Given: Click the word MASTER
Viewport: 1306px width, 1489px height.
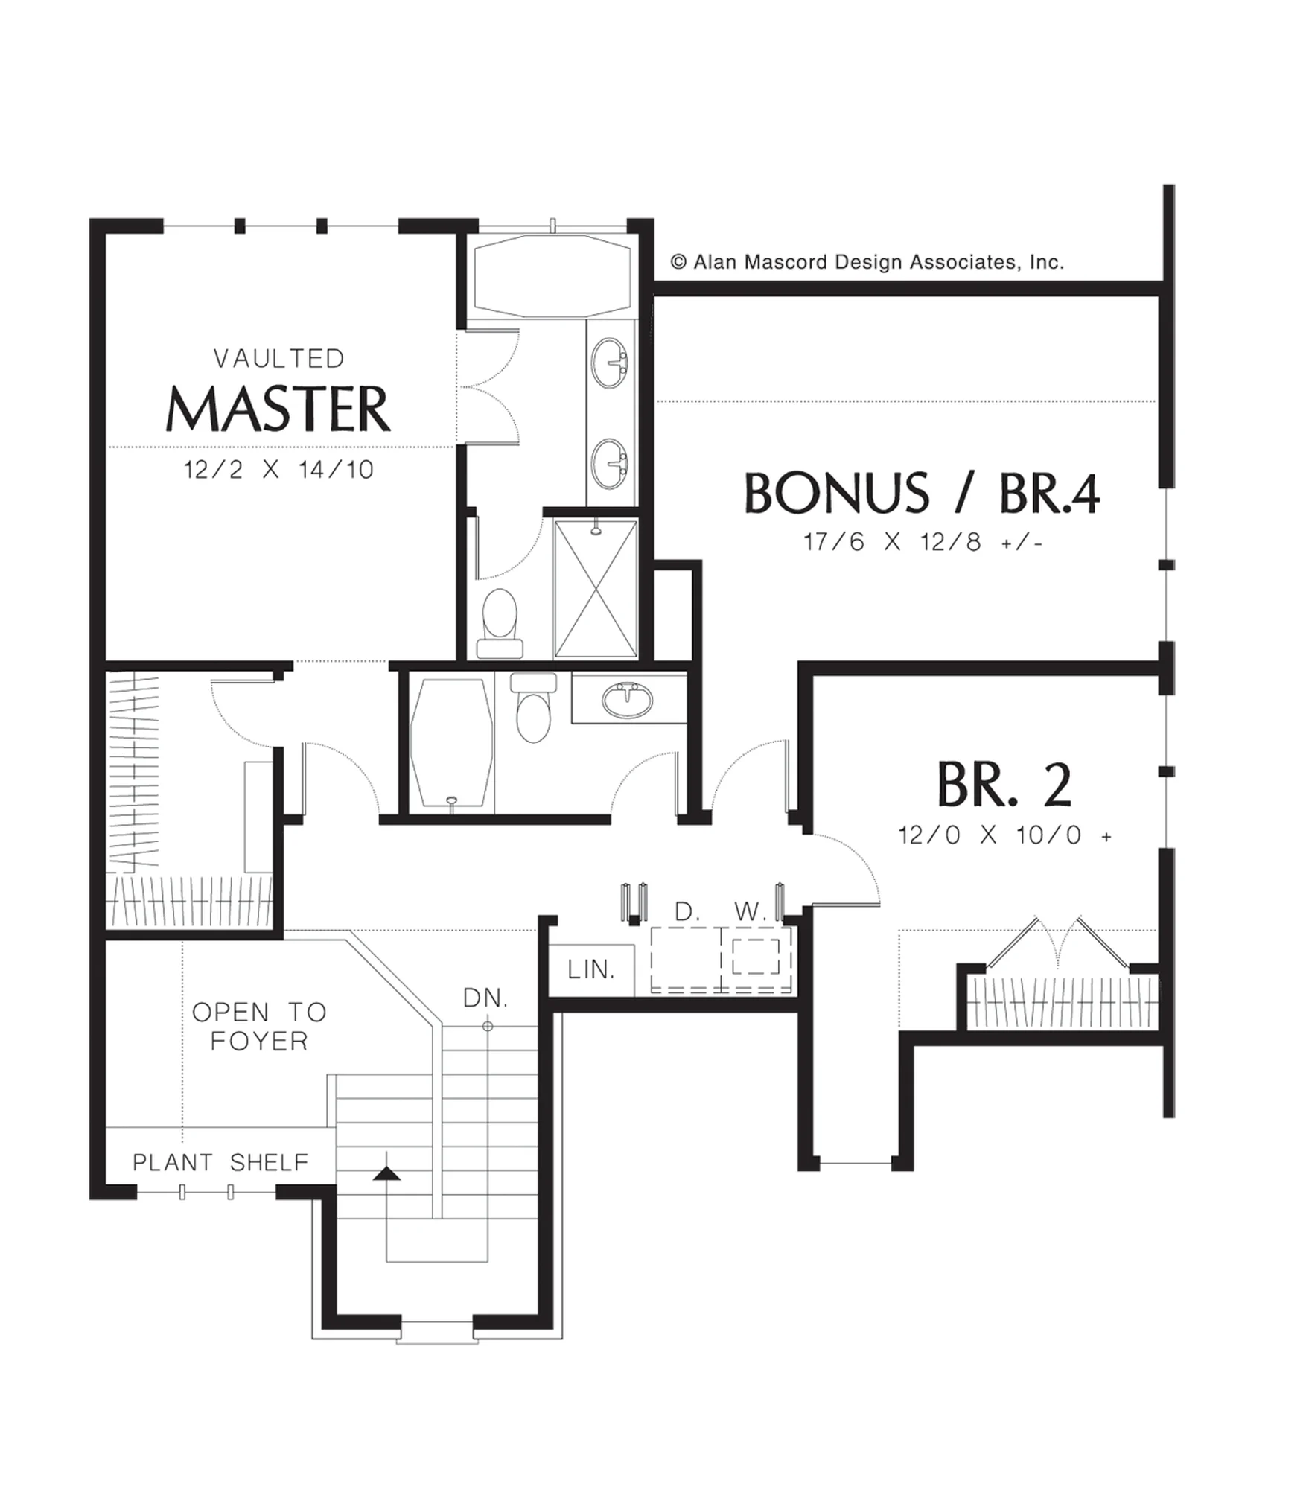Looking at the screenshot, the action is pyautogui.click(x=278, y=409).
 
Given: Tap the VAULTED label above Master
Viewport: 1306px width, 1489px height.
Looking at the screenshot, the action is pyautogui.click(x=278, y=359).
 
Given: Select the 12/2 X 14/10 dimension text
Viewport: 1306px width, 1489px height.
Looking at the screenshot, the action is pyautogui.click(x=278, y=470).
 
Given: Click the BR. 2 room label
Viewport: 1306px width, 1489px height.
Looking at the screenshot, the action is pyautogui.click(x=1004, y=784).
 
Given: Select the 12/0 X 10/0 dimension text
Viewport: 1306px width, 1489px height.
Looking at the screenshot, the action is pyautogui.click(x=1004, y=835).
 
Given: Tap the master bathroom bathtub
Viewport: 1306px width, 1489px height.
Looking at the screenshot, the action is pyautogui.click(x=552, y=275).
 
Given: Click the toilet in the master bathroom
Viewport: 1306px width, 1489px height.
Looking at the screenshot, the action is pyautogui.click(x=500, y=623).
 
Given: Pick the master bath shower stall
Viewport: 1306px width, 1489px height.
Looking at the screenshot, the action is pyautogui.click(x=596, y=588).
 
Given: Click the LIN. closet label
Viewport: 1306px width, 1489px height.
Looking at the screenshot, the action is pyautogui.click(x=590, y=969).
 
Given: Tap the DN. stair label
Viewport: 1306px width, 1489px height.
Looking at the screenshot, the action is pyautogui.click(x=485, y=998).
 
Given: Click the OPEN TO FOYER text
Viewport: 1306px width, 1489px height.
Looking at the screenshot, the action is pyautogui.click(x=259, y=1027).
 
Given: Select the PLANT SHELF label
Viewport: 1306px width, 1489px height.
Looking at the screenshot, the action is pyautogui.click(x=220, y=1162).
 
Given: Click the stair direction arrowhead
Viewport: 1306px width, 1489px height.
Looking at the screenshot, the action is pyautogui.click(x=386, y=1174).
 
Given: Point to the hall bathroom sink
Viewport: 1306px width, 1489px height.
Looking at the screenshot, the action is pyautogui.click(x=627, y=699).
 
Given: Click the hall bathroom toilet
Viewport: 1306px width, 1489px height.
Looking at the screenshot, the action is pyautogui.click(x=533, y=707).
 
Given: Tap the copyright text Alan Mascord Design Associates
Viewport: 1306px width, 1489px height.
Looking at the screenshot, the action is pyautogui.click(x=867, y=262).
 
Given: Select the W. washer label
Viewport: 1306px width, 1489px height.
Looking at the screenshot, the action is pyautogui.click(x=749, y=911).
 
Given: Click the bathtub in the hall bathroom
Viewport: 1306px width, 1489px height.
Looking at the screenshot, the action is pyautogui.click(x=451, y=743).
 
